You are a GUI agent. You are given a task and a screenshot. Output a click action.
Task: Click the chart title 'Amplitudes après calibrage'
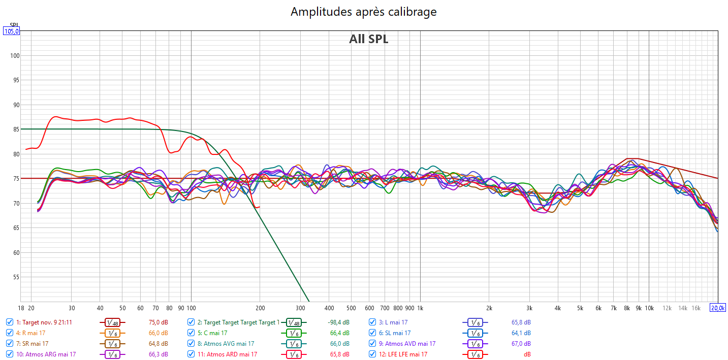[x=363, y=12]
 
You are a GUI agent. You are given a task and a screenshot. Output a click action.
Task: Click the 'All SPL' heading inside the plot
[x=368, y=39]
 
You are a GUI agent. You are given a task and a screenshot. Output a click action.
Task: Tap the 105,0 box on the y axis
[x=11, y=31]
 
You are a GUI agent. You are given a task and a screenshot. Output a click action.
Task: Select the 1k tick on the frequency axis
[x=420, y=308]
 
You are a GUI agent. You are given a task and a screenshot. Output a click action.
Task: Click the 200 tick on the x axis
[x=260, y=308]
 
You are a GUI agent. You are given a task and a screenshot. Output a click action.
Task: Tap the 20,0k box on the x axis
[x=717, y=308]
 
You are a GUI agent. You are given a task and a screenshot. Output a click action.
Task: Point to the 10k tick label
[x=649, y=308]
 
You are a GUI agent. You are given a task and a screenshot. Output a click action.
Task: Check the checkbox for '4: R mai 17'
[x=10, y=333]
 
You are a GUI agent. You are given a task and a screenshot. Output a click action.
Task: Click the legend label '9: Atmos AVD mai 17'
[x=410, y=344]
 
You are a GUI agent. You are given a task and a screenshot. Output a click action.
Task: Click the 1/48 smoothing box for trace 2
[x=293, y=322]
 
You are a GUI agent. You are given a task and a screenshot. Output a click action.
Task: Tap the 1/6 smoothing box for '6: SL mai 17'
[x=474, y=333]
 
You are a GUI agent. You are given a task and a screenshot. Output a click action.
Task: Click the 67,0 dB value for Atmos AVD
[x=521, y=344]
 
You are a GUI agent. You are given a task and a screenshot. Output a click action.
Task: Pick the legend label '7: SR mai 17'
[x=32, y=344]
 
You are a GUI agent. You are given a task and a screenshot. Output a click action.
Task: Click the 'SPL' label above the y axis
[x=14, y=25]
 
